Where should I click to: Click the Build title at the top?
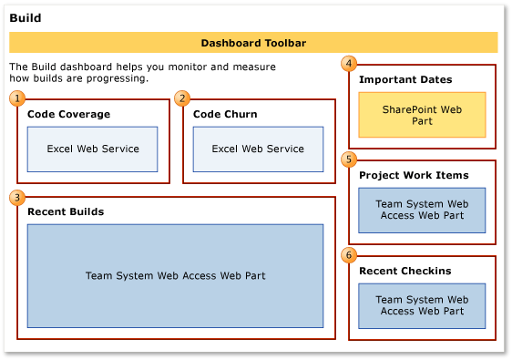coord(25,18)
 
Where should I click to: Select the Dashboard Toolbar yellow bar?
coord(253,43)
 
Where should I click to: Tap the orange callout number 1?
coord(16,98)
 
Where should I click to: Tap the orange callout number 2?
coord(182,98)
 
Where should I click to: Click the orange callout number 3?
coord(16,196)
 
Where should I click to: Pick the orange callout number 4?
coord(348,64)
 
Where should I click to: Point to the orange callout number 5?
coord(348,159)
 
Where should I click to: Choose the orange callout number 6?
coord(348,254)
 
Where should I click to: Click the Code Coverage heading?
coord(68,115)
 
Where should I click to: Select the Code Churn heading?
coord(225,115)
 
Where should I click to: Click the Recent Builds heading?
coord(66,211)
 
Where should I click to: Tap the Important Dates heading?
coord(405,80)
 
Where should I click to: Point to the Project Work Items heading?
coord(414,175)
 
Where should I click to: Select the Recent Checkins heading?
coord(404,272)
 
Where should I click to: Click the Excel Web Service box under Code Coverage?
coord(92,149)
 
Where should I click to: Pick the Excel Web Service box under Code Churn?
coord(258,149)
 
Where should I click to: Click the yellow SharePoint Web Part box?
coord(421,115)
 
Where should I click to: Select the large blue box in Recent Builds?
coord(175,275)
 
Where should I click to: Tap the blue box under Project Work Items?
coord(422,211)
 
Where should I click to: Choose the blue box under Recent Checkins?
coord(422,305)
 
